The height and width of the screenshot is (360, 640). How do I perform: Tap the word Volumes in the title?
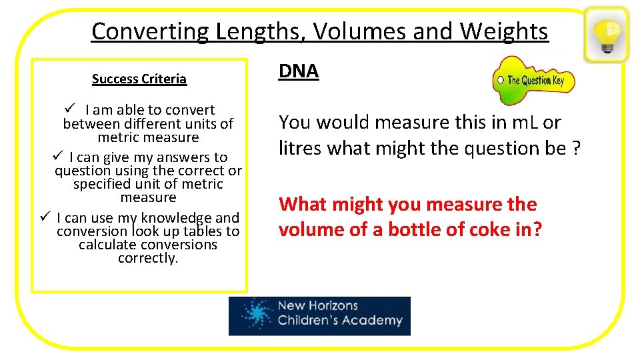pos(377,31)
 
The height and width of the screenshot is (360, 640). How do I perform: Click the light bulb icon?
pos(606,34)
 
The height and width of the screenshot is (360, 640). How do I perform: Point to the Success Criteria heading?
pos(139,79)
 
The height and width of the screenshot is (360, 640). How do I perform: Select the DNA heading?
pos(299,71)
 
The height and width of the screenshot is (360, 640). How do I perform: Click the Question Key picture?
pos(533,81)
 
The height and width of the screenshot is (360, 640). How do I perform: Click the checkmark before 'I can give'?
pos(57,156)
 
